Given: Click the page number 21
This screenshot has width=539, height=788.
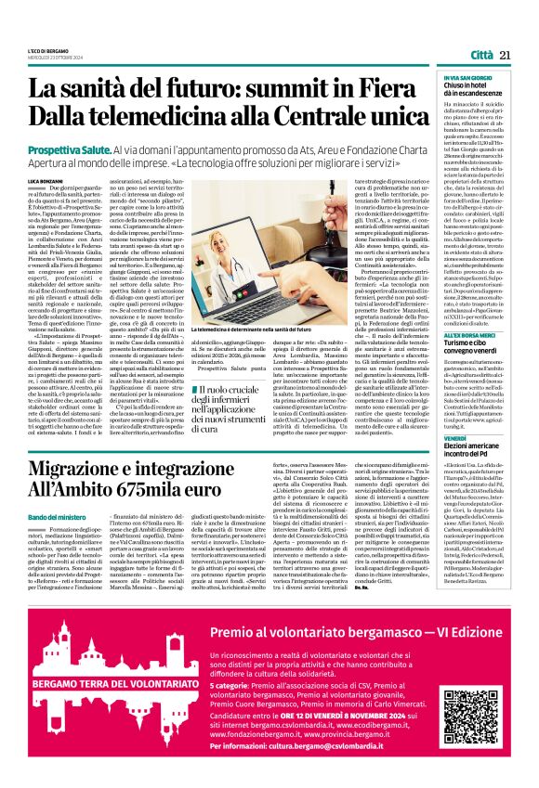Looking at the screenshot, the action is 506,55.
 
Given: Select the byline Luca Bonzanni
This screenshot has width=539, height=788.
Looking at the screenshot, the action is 46,179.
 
